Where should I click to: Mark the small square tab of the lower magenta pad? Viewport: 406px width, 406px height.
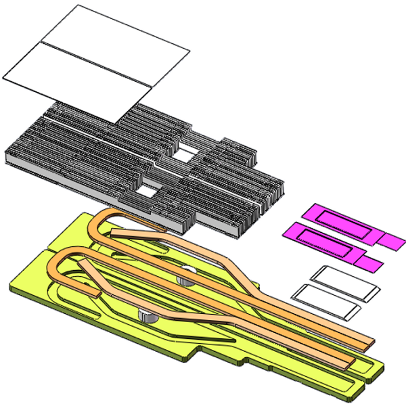point(370,261)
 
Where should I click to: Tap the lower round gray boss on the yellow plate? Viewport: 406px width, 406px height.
point(146,313)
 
